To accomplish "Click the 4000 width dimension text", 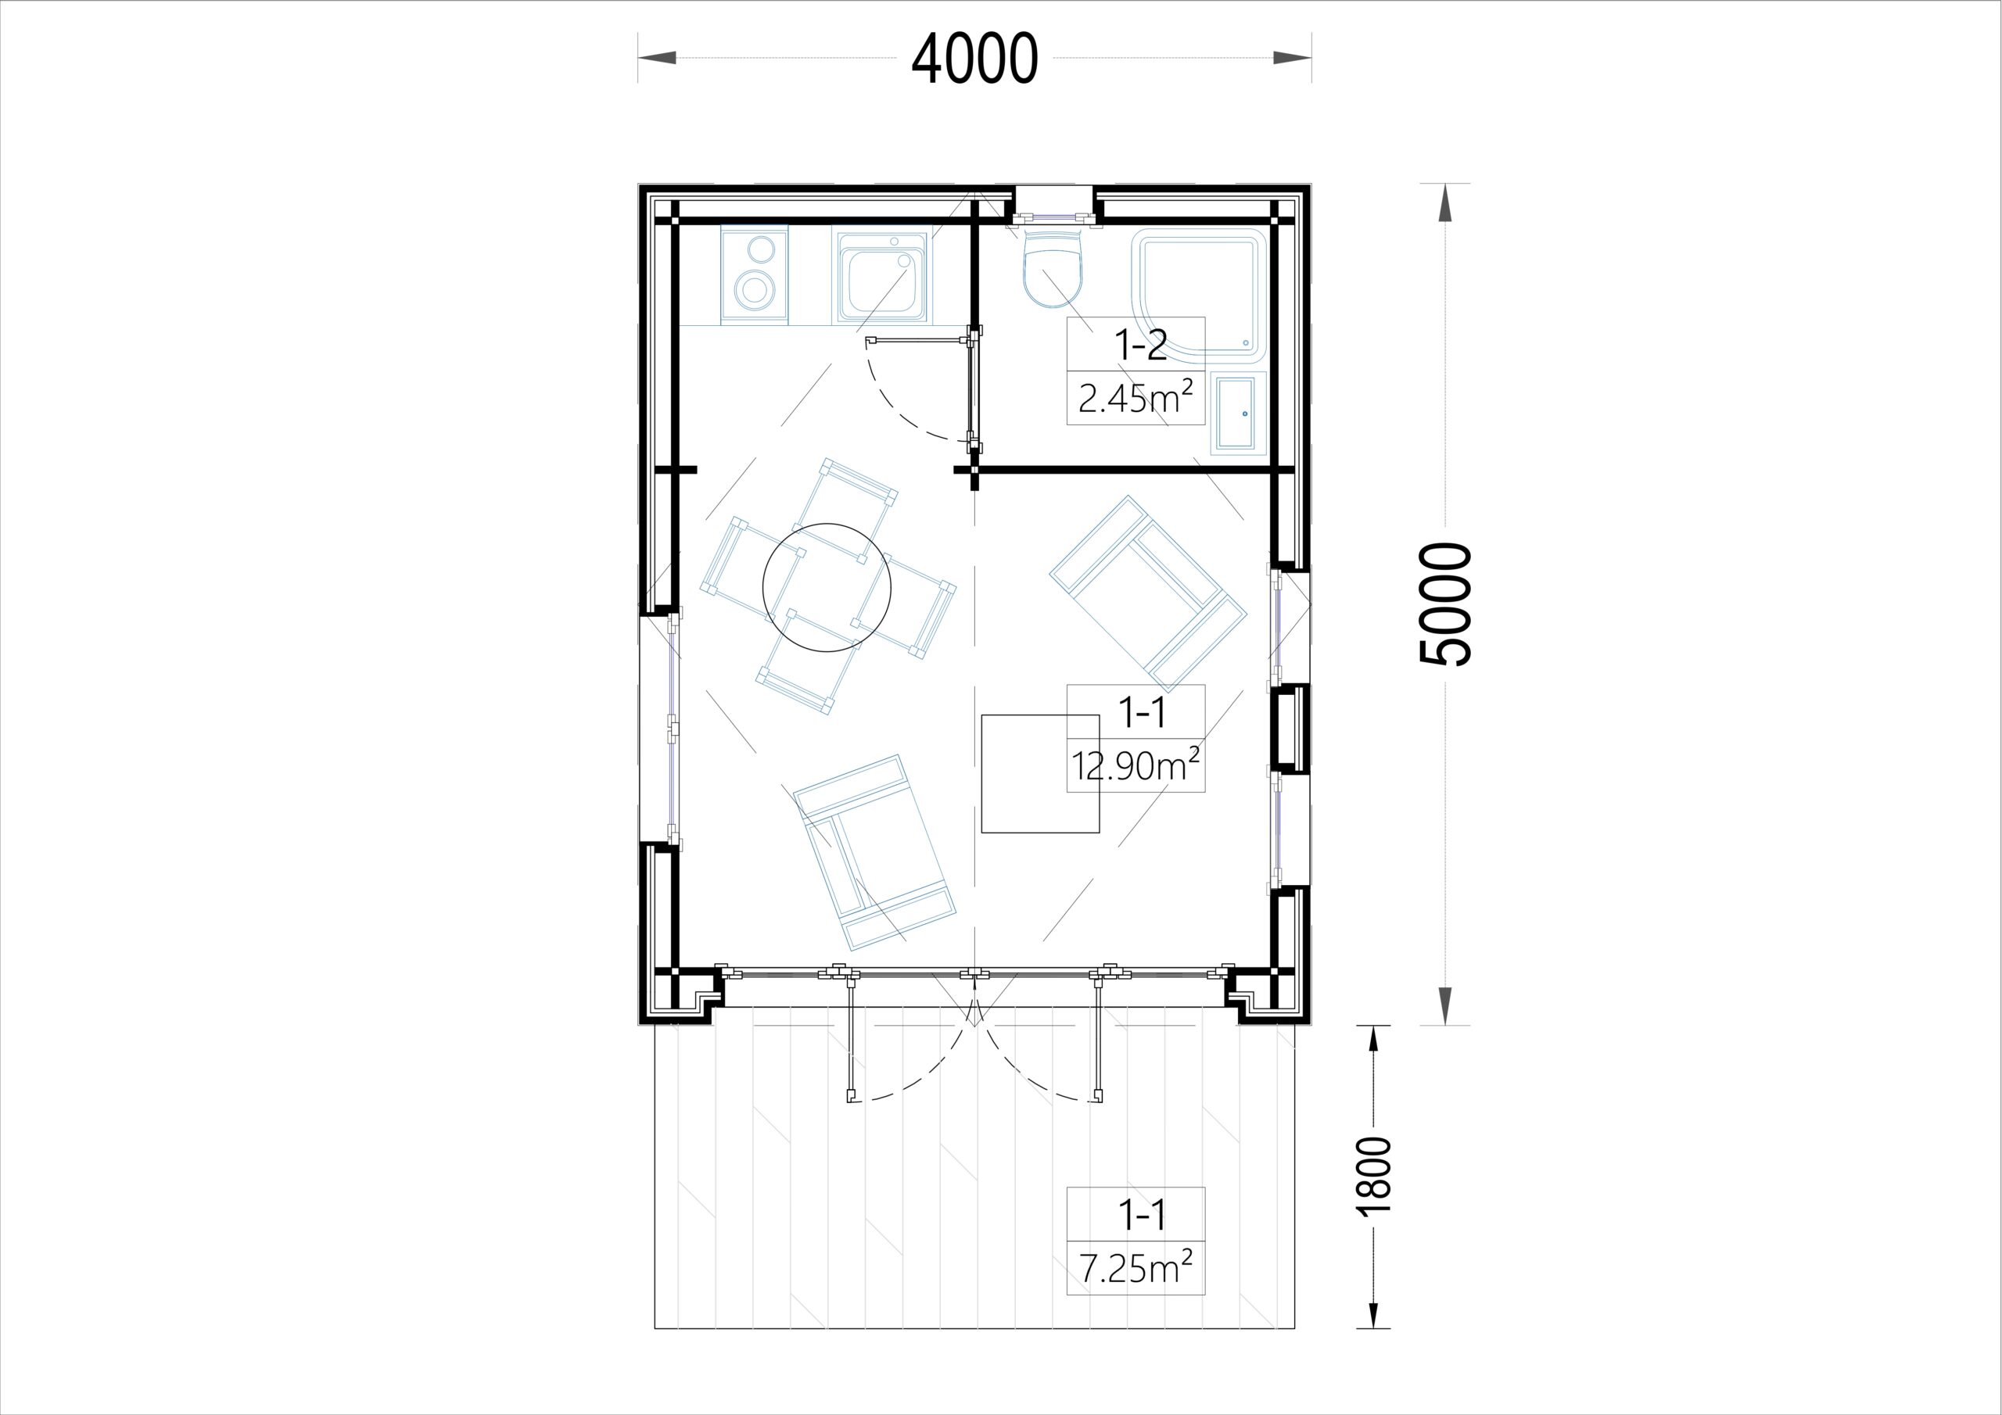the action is (975, 59).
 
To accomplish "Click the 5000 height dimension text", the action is (1446, 604).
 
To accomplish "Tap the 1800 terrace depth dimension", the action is (1374, 1175).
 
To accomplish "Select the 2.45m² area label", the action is (1136, 399).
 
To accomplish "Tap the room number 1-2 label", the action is (1140, 346).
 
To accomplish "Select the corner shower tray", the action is (1199, 296).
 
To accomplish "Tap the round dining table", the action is (827, 588).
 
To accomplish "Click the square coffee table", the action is (1040, 773).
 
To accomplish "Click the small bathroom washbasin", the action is (1238, 414).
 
